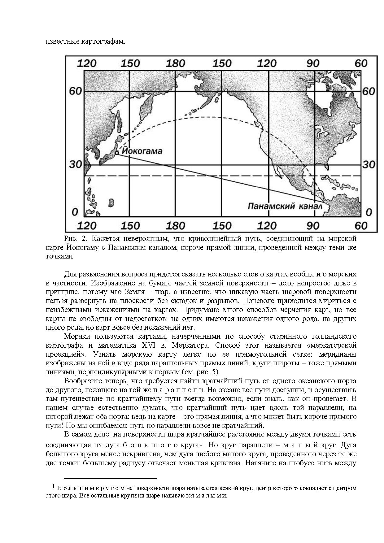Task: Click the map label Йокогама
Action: (142, 151)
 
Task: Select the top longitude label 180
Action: (175, 63)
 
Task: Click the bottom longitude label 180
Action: (175, 225)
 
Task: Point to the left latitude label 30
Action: (75, 164)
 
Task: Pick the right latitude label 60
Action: (369, 91)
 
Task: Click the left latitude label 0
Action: (75, 212)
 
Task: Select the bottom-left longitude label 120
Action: (86, 225)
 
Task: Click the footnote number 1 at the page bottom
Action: (54, 487)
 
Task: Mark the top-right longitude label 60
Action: (361, 63)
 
